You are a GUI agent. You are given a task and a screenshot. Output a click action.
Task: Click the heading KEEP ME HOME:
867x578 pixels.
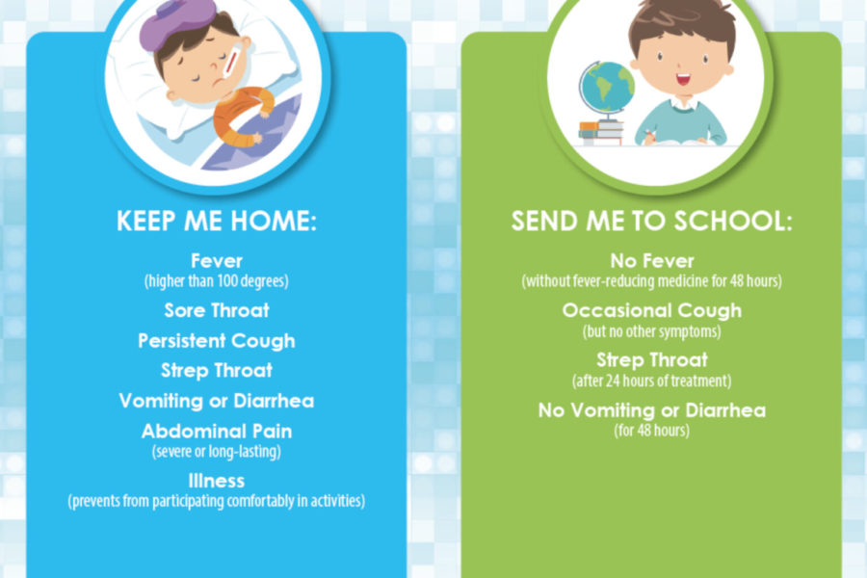[216, 221]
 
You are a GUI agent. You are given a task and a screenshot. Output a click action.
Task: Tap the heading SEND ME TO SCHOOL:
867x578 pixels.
[651, 221]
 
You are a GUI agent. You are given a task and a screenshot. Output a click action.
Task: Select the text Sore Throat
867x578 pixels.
[217, 310]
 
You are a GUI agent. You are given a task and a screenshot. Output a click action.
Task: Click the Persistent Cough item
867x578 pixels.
[217, 341]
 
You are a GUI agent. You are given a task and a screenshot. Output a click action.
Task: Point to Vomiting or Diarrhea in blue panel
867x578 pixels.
[217, 401]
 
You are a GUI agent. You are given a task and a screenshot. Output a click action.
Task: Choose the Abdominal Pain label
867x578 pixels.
[217, 431]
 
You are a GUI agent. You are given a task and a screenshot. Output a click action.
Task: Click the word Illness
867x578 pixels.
[217, 481]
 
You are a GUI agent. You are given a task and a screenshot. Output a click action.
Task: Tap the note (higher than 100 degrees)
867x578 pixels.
[217, 281]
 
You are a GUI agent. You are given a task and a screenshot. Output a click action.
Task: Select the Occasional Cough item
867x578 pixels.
[652, 311]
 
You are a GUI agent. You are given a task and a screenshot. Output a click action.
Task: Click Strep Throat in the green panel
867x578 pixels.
[652, 360]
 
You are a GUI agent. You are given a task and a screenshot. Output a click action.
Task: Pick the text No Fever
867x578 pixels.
[652, 260]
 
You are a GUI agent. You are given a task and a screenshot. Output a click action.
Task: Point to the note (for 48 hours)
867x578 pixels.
[652, 431]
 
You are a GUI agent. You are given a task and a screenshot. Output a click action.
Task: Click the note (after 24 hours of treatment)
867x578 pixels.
[652, 381]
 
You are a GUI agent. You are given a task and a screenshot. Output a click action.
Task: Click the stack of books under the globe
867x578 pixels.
[600, 133]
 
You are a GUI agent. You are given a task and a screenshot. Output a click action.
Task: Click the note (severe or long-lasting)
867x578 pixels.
[217, 452]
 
